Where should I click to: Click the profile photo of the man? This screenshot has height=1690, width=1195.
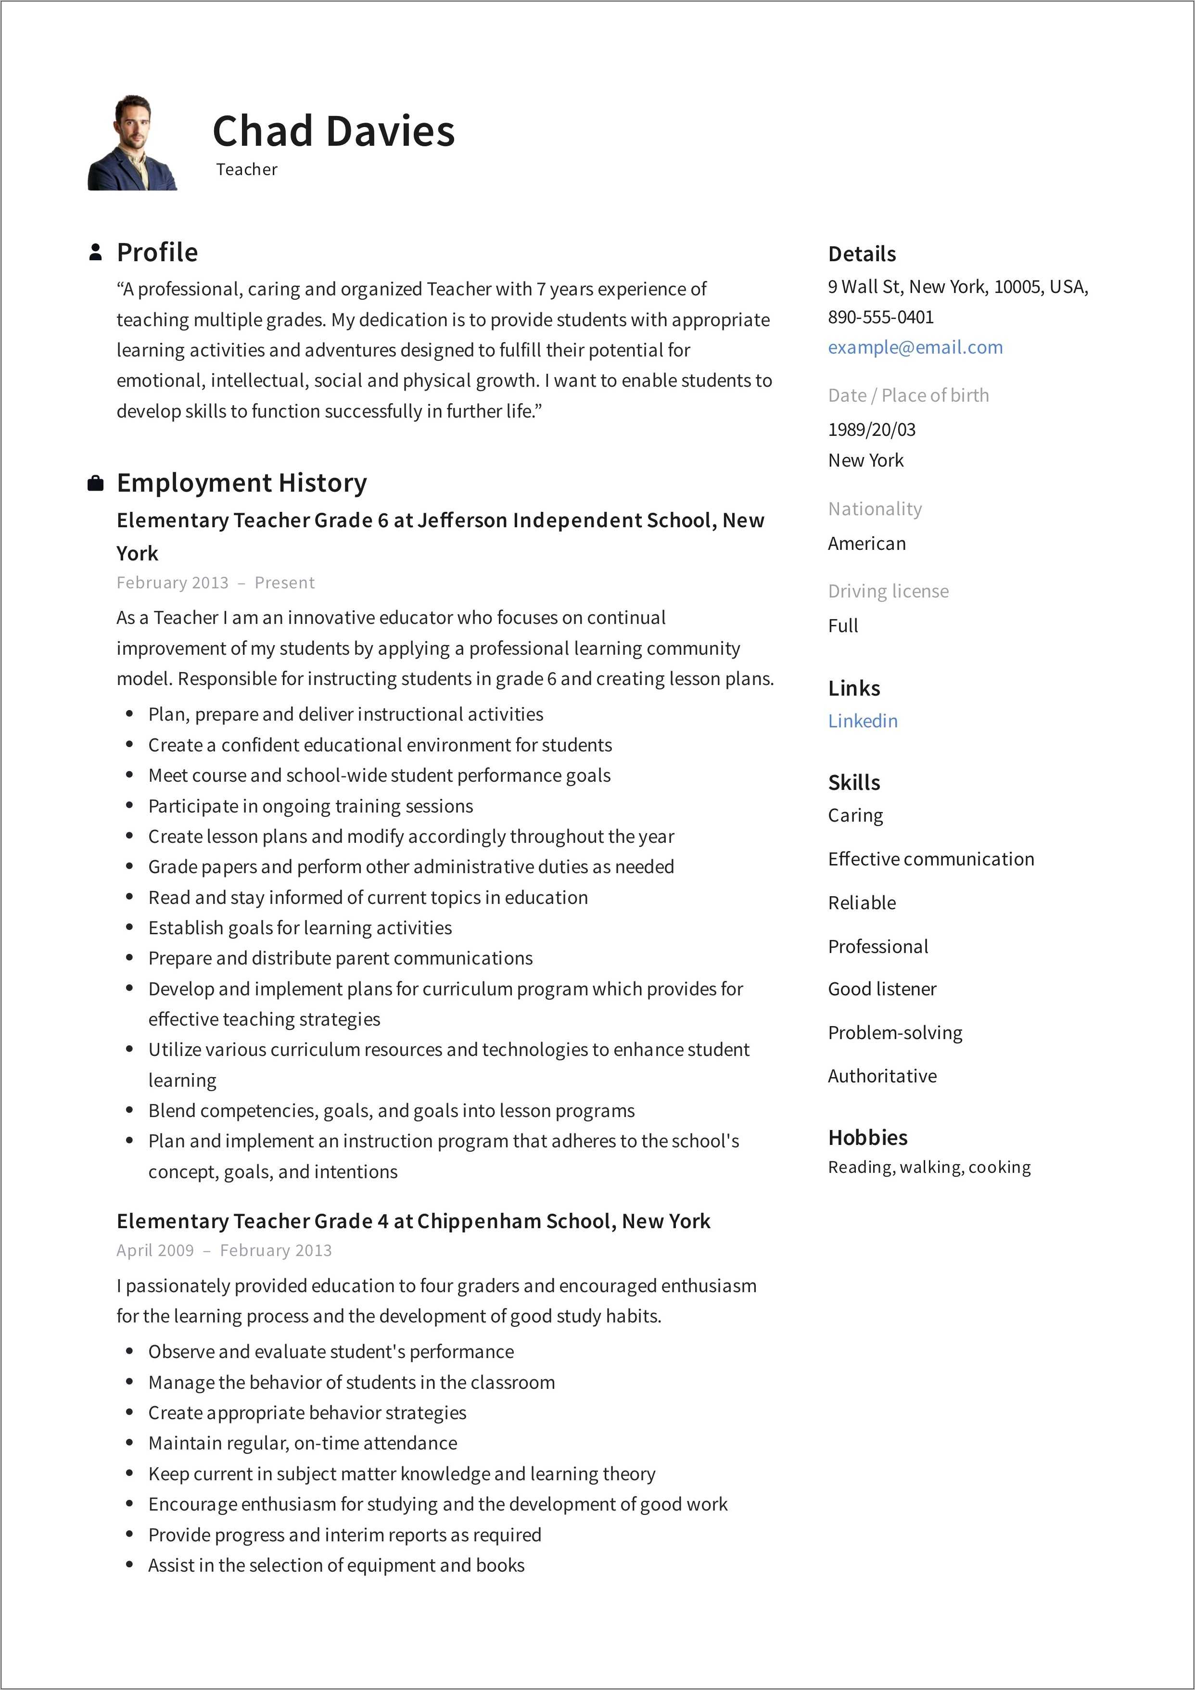[132, 143]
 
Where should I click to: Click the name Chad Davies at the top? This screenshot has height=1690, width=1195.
[333, 132]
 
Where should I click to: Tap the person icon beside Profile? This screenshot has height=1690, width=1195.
[95, 253]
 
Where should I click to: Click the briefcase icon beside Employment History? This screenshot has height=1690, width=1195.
[95, 483]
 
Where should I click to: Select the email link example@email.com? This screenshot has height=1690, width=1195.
[915, 347]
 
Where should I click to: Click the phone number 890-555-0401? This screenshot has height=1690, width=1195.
[880, 317]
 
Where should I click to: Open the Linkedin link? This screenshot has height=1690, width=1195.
[862, 721]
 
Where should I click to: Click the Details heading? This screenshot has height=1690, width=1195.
[862, 254]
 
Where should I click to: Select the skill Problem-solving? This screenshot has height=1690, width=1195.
[895, 1033]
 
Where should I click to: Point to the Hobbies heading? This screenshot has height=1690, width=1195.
[867, 1137]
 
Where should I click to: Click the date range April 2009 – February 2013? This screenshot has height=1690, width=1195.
[224, 1251]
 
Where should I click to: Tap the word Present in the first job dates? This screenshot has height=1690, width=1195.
[284, 583]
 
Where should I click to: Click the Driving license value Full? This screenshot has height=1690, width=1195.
[842, 626]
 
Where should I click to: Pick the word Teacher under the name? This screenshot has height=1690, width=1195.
[247, 169]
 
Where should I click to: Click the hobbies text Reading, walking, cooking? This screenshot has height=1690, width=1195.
[928, 1168]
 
